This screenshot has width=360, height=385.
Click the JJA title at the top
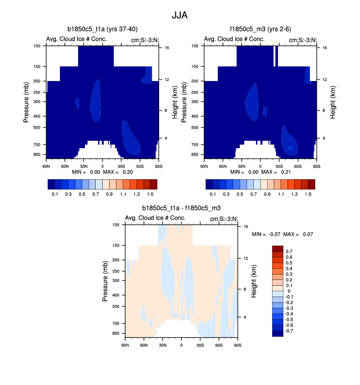pyautogui.click(x=180, y=15)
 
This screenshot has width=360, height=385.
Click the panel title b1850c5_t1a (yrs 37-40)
pyautogui.click(x=102, y=29)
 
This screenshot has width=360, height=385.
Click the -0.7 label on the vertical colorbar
pyautogui.click(x=289, y=331)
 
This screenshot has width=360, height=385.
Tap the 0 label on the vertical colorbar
pyautogui.click(x=288, y=291)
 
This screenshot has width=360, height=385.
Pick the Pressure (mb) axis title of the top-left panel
pyautogui.click(x=27, y=102)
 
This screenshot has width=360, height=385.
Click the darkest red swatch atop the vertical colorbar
pyautogui.click(x=277, y=248)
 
